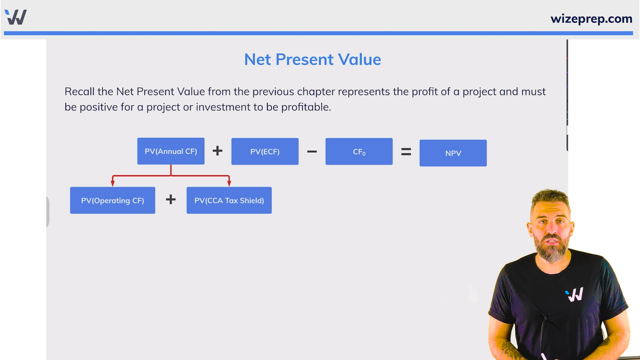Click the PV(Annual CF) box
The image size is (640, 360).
coord(171,151)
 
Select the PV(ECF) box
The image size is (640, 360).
coord(265,151)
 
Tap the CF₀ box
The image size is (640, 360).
coord(359,151)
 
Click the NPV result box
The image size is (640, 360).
coord(453,153)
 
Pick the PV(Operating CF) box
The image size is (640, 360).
coord(112,200)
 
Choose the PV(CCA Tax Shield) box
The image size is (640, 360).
coord(229,200)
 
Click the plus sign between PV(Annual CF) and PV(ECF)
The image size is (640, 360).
coord(218,151)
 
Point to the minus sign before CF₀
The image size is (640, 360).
coord(312,152)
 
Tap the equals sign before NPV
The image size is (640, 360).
coord(406,152)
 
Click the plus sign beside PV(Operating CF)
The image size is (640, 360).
coord(171,199)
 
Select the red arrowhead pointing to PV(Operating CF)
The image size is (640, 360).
coord(113,183)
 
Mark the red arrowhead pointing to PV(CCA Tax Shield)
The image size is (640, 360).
coord(229,183)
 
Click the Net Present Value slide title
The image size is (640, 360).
coord(312,60)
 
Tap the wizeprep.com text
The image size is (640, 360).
coord(591,19)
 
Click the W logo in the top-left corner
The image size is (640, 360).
coord(16,17)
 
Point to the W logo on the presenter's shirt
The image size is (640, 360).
coord(574,295)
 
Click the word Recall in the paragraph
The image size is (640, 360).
coord(79,92)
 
